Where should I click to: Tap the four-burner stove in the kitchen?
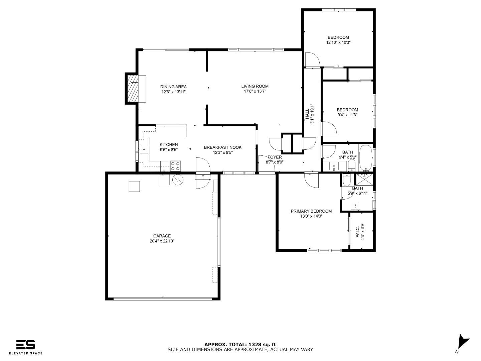(x=175, y=166)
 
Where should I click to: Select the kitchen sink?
(x=144, y=149)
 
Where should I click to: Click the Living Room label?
(x=255, y=86)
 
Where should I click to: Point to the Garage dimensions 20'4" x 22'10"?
(x=162, y=241)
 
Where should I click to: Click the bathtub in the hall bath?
(x=366, y=158)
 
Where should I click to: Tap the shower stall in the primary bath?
(x=364, y=180)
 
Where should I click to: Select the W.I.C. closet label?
(x=357, y=232)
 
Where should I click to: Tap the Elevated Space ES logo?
(x=26, y=345)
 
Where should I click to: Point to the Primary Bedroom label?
(x=311, y=211)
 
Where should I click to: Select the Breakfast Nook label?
(x=223, y=147)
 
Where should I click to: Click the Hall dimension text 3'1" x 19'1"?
(x=312, y=114)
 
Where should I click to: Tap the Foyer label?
(x=275, y=157)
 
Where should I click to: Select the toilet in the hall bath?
(x=351, y=165)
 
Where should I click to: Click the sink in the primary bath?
(x=355, y=205)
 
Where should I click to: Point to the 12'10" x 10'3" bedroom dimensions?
(x=338, y=42)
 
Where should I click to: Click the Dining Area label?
(x=173, y=87)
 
